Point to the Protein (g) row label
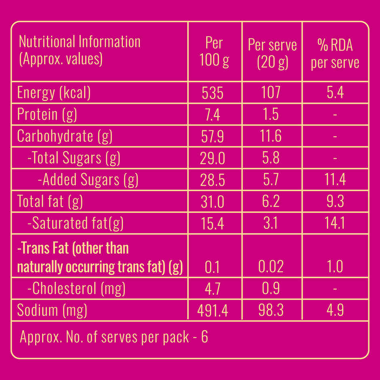coord(47,115)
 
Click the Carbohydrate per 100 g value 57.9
coord(212,137)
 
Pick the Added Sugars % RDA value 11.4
coord(335,180)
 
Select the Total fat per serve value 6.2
coord(271,201)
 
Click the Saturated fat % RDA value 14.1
coord(335,223)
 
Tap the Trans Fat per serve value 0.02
coord(271,267)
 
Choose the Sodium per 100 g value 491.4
coord(213,310)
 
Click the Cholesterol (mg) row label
coord(76,289)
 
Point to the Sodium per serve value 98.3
coord(271,310)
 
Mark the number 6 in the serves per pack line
coord(205,337)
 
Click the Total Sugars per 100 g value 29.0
coord(212,158)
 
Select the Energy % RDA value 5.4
coord(335,93)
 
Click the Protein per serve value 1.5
coord(271,115)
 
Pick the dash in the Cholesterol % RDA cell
coord(335,289)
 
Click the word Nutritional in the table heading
coord(47,42)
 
